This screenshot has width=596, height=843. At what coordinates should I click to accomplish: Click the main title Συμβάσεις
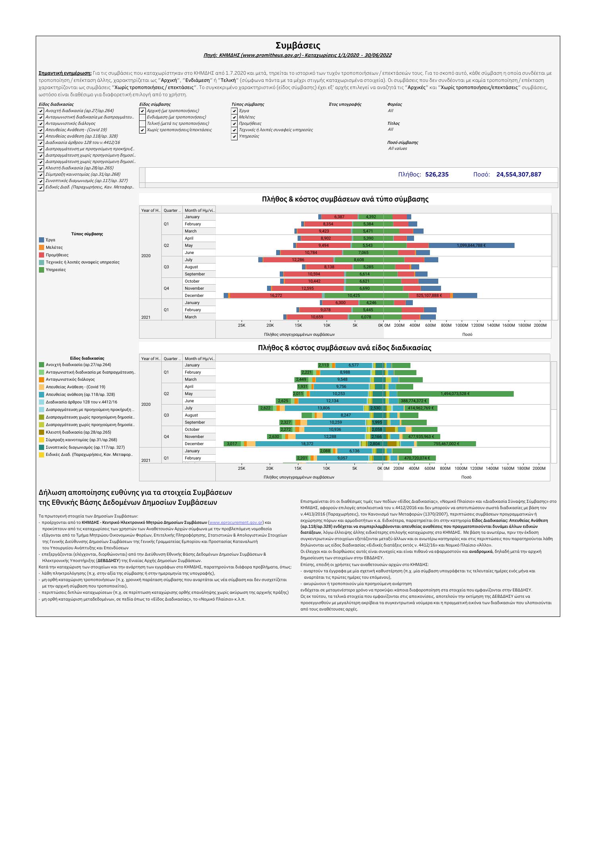298,46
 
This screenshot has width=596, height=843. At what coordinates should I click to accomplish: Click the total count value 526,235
437,174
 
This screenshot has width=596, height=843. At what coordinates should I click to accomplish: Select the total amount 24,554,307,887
519,174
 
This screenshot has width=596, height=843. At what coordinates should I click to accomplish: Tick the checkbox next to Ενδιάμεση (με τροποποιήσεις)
142,117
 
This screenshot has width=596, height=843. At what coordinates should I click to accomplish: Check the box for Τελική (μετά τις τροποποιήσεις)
142,124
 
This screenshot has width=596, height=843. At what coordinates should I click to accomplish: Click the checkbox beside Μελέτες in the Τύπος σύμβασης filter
234,117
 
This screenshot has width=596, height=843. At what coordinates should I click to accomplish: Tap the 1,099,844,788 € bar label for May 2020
471,246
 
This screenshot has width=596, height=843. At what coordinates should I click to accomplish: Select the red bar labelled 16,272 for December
276,296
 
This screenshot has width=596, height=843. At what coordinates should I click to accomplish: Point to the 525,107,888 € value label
429,296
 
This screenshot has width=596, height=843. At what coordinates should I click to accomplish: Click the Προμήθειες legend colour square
42,255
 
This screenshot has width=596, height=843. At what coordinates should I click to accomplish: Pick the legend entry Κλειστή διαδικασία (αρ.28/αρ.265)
72,432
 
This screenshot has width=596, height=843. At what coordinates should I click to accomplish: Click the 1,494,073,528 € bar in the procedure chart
455,394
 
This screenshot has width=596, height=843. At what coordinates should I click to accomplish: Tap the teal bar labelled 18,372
307,444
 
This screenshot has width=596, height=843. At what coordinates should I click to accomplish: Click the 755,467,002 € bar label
446,444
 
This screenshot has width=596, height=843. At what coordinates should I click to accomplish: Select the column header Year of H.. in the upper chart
150,210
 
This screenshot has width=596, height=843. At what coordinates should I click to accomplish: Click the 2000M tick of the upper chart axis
540,326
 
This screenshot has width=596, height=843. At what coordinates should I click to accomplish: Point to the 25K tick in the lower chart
241,469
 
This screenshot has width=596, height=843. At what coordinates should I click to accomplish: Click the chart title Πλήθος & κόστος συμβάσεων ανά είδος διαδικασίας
344,348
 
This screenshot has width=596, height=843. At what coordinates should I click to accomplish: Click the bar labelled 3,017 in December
232,444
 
